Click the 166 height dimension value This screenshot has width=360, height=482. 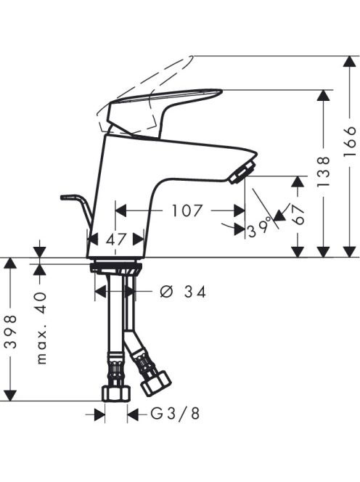tap(350, 142)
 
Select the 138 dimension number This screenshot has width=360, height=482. tap(324, 171)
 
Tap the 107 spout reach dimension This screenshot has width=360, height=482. tap(187, 211)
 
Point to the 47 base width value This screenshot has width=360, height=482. tap(116, 239)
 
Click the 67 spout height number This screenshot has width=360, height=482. tap(298, 215)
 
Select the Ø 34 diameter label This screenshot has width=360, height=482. tap(183, 292)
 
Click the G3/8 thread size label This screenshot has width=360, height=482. tap(175, 414)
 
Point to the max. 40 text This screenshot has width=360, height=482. tap(41, 328)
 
